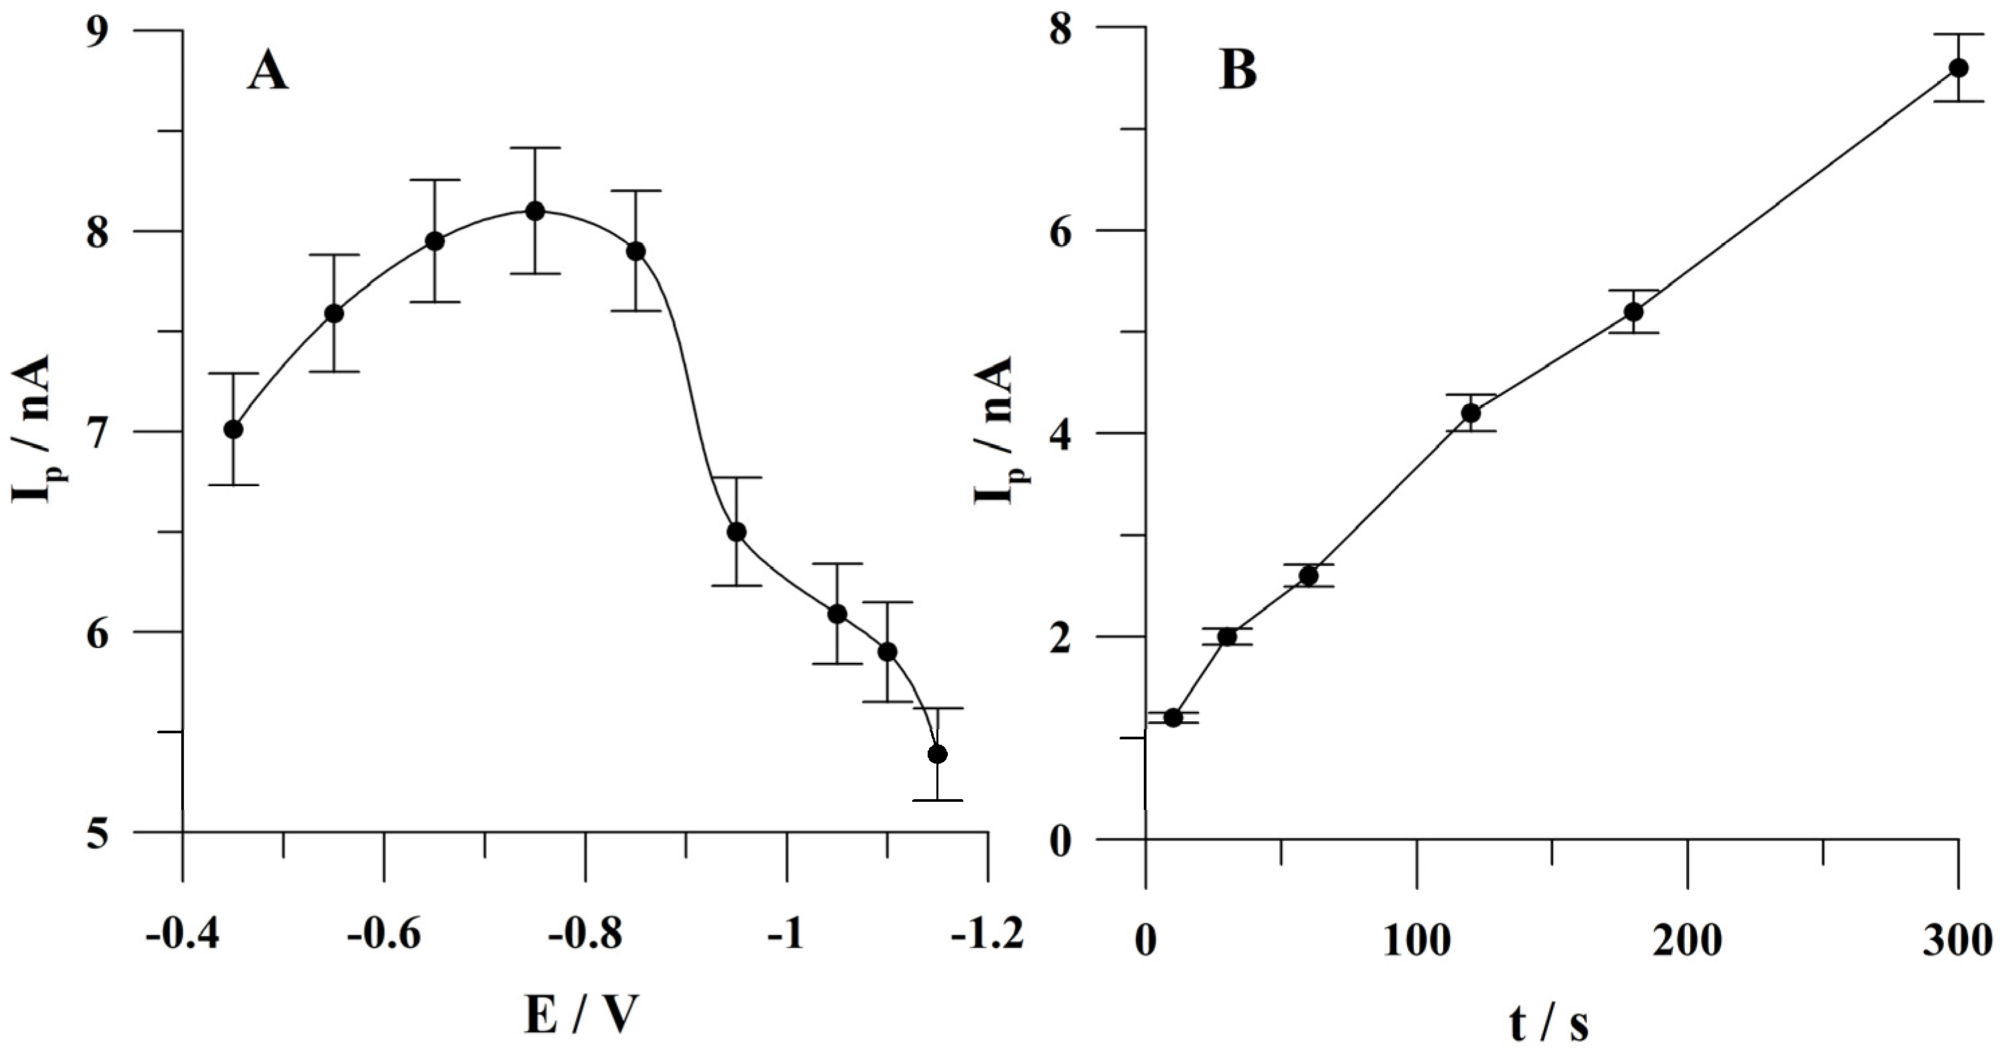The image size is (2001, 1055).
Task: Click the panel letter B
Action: (x=1238, y=73)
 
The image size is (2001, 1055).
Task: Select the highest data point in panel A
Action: (x=535, y=211)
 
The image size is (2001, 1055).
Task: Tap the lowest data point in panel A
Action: (x=938, y=754)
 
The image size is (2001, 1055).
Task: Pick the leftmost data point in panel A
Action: (x=233, y=430)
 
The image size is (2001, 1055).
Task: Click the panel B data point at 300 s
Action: (x=1958, y=68)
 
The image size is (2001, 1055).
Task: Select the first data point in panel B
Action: (x=1173, y=718)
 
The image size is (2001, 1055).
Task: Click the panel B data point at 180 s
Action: (x=1634, y=312)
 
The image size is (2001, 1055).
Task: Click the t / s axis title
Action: (x=1550, y=1024)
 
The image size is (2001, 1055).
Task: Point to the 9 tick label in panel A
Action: (x=98, y=33)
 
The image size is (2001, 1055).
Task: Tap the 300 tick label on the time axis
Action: (x=1958, y=942)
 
